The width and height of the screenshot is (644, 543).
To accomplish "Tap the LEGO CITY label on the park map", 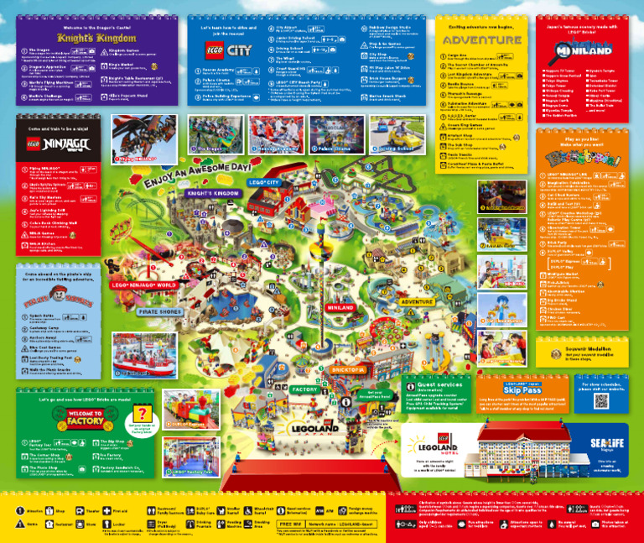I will [x=262, y=182].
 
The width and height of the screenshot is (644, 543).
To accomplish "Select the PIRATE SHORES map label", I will [x=158, y=311].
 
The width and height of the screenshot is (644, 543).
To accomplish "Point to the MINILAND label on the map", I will [x=340, y=308].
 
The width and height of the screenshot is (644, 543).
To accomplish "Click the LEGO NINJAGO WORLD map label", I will [x=143, y=285].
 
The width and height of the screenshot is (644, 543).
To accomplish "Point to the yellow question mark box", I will [x=143, y=414].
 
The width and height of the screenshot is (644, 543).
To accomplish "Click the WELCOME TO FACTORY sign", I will [x=85, y=419].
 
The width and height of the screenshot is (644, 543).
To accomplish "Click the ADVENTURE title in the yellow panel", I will [x=482, y=39].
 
